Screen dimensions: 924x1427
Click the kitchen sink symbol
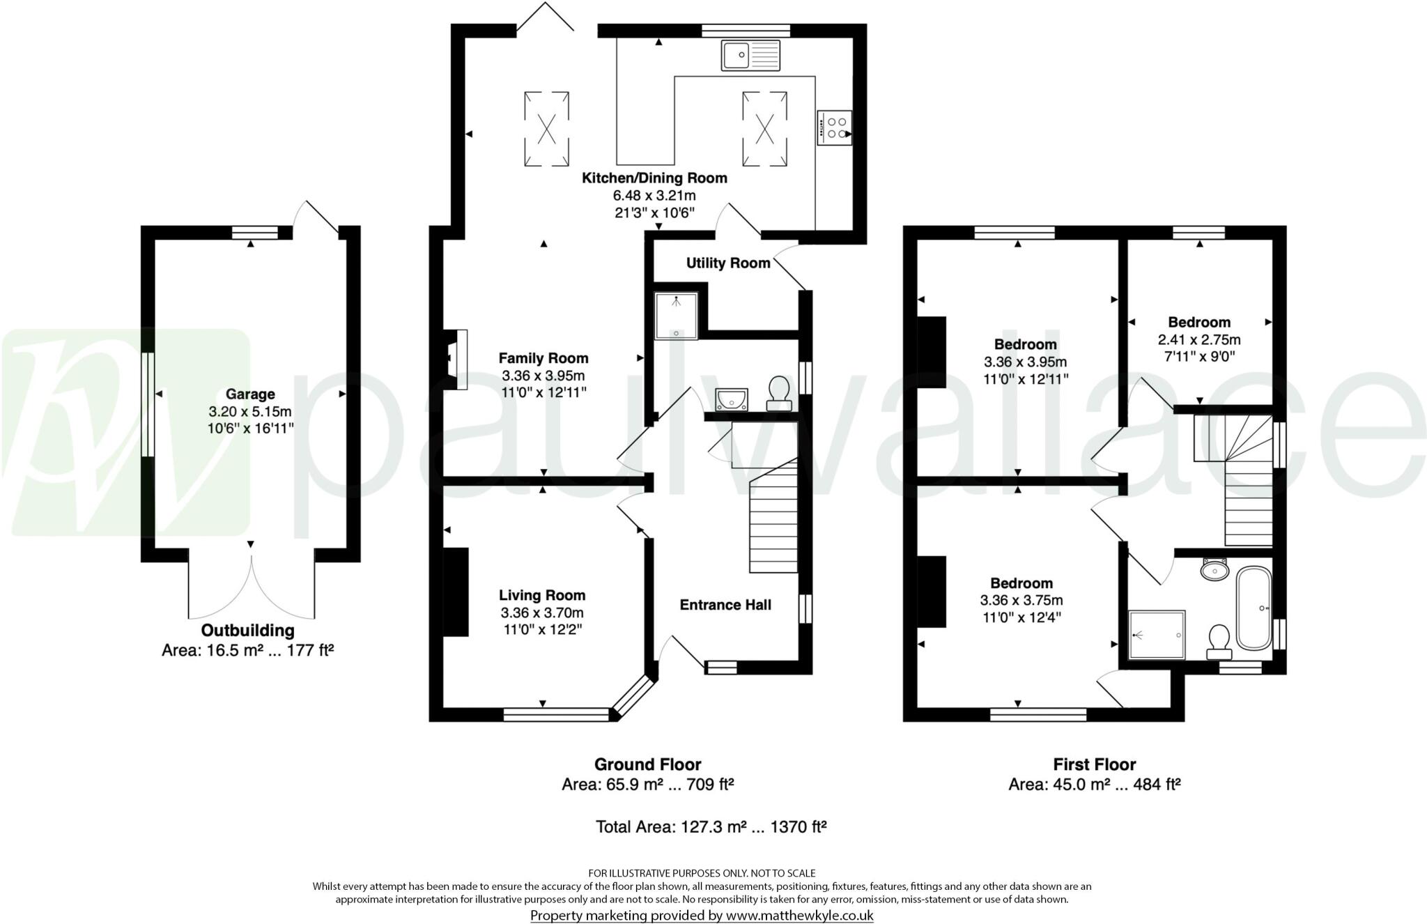coord(750,54)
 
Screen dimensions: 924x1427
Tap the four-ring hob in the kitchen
coord(834,128)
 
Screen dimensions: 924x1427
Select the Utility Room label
coord(727,263)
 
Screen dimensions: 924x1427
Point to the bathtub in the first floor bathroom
coord(1254,608)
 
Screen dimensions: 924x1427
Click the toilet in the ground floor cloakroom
coord(778,393)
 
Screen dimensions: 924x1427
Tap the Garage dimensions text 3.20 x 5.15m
coord(249,411)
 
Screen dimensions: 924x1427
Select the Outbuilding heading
coord(247,631)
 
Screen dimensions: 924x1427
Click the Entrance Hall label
coord(725,605)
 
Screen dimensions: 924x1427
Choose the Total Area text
coord(711,827)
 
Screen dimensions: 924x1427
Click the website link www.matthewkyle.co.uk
coord(799,916)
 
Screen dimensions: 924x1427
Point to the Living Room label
coord(541,595)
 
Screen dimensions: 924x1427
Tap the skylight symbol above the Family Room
coord(547,129)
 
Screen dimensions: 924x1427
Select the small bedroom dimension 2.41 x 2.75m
coord(1198,340)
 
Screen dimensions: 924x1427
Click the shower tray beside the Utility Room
coord(676,316)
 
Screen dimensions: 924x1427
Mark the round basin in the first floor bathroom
coord(1215,570)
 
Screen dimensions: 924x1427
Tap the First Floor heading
coord(1094,764)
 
